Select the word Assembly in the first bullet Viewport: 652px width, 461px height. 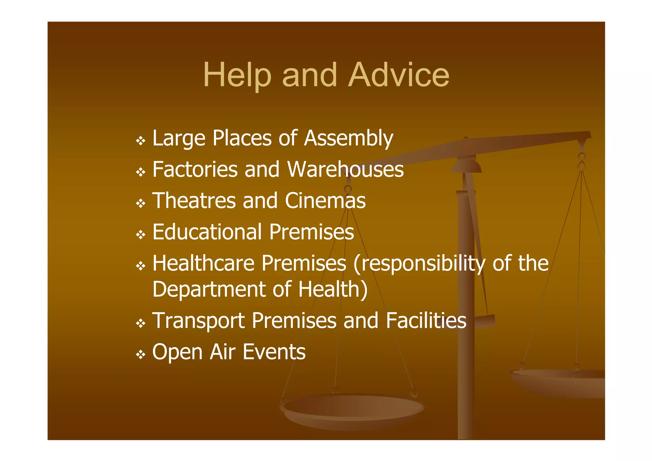coord(349,138)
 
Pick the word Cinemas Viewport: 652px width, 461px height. coord(325,200)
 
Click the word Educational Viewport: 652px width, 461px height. coord(207,232)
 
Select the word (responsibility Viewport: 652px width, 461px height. coord(419,264)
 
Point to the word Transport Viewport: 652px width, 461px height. coord(198,321)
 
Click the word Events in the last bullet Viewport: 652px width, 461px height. coord(274,352)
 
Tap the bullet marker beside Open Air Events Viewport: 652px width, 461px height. coord(140,354)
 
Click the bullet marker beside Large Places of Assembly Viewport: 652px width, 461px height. coord(140,140)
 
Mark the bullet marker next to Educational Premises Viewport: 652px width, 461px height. coord(140,235)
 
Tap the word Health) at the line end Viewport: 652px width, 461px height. coord(333,289)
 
